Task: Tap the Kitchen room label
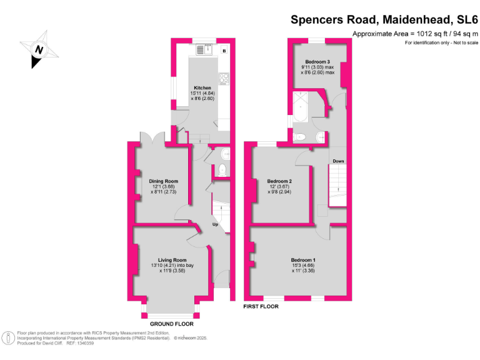point(202,88)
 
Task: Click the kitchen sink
point(204,49)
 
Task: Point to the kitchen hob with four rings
point(224,79)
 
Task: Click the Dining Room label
point(163,181)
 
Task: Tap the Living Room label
point(172,260)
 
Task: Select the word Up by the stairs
point(216,224)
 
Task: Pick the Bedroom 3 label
point(317,62)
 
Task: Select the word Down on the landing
point(338,161)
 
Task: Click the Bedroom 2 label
point(279,181)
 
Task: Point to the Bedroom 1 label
point(303,260)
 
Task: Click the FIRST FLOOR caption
point(261,307)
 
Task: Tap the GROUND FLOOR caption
point(172,324)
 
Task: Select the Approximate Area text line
point(415,34)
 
